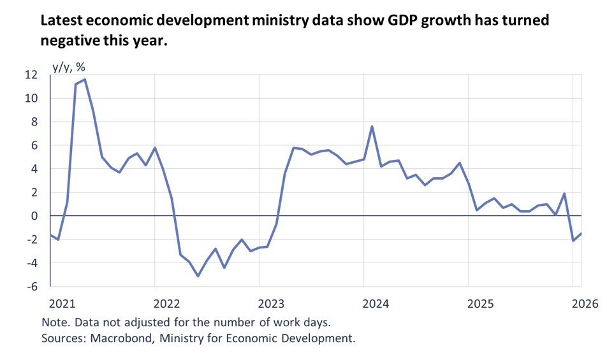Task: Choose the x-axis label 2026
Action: tap(584, 303)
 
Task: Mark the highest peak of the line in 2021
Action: tap(85, 80)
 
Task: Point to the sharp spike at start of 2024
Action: tap(372, 126)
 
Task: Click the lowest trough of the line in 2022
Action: tap(198, 276)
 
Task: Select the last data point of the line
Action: tap(581, 233)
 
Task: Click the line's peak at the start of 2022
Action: tap(155, 148)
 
